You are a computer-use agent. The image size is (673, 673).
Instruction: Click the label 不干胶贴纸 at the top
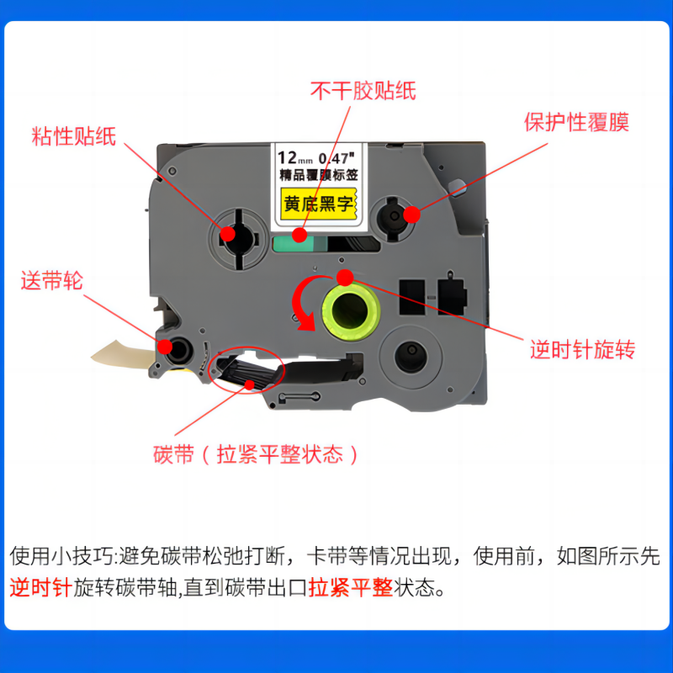363,89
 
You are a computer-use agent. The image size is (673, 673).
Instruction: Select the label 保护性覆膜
576,122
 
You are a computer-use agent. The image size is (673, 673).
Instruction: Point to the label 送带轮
51,281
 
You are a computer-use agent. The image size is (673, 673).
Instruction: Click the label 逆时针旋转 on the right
581,350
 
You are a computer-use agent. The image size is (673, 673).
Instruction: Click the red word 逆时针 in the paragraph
40,587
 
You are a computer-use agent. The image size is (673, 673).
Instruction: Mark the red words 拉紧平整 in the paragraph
351,587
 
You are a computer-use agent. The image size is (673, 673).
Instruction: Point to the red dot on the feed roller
162,344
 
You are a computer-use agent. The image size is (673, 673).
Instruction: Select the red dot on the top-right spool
411,215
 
